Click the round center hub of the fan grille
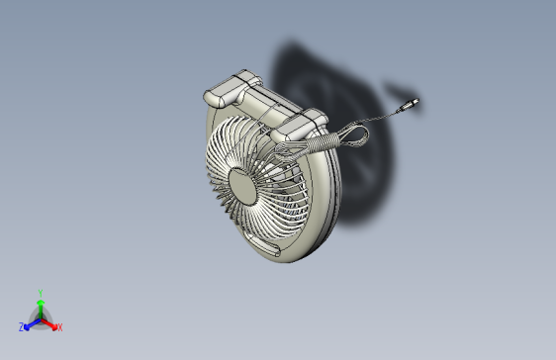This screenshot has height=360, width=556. click(244, 184)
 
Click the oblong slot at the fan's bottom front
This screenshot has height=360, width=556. click(262, 242)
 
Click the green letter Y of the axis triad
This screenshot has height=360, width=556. click(40, 293)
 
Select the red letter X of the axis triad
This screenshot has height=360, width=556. click(59, 327)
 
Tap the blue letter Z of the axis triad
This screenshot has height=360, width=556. click(21, 327)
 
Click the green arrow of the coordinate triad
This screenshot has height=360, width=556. click(40, 306)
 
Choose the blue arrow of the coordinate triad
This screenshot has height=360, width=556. click(31, 322)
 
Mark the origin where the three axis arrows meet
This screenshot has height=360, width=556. click(40, 317)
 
